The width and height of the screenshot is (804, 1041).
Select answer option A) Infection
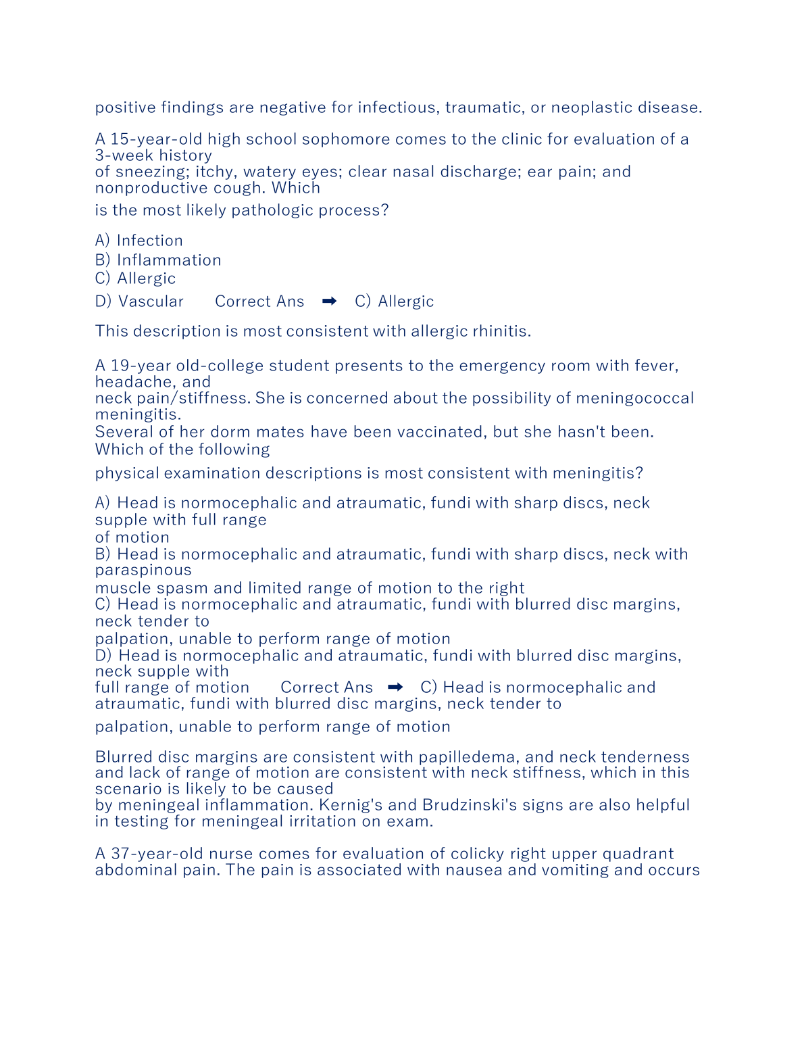click(139, 241)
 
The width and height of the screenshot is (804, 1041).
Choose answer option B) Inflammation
click(158, 260)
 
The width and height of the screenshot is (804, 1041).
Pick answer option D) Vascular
click(139, 301)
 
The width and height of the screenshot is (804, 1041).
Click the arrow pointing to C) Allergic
click(330, 301)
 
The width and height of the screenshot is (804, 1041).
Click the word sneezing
click(153, 172)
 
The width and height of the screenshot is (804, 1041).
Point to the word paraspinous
click(143, 571)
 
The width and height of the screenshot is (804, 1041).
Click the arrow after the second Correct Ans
click(396, 687)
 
